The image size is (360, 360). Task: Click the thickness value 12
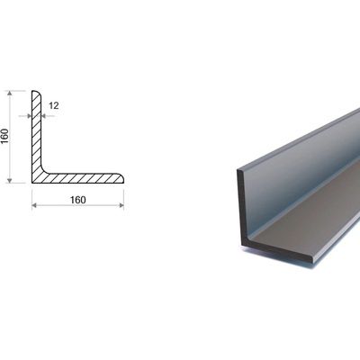(x=54, y=105)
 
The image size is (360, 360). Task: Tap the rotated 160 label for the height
(x=5, y=136)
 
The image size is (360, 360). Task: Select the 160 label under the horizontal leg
(x=78, y=200)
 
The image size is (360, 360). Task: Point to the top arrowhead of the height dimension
(x=10, y=94)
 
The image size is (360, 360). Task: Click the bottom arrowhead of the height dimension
(x=10, y=180)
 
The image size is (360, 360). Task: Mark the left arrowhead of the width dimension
(x=34, y=205)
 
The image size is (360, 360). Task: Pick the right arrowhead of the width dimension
(x=121, y=205)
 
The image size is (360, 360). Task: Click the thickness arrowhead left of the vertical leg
(x=29, y=116)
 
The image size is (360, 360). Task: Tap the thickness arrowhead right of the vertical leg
(x=43, y=116)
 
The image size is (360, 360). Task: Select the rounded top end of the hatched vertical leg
(x=36, y=93)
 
